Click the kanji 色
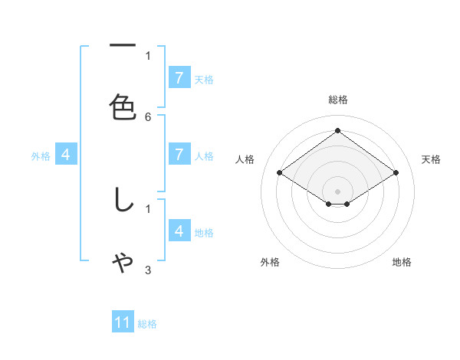click(123, 106)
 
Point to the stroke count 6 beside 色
click(148, 116)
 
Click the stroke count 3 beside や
click(148, 270)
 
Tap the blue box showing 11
click(123, 322)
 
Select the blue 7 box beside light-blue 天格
click(179, 78)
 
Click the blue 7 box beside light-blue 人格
click(179, 155)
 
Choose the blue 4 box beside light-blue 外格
click(66, 155)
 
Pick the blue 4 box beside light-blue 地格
click(179, 231)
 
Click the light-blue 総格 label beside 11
click(147, 324)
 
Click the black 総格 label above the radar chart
click(338, 100)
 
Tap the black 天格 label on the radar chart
click(432, 159)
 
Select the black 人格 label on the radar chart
click(245, 159)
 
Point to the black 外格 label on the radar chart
click(270, 262)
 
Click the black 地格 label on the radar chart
click(402, 262)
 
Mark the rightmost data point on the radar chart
click(396, 173)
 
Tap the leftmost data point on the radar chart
click(280, 173)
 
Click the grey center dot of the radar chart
click(338, 191)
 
